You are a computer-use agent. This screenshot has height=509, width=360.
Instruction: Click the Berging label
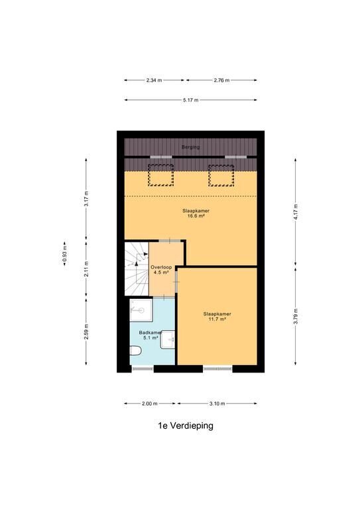click(190, 147)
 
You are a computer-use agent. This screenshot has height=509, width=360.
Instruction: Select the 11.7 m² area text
click(217, 319)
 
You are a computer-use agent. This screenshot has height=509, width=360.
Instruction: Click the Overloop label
click(161, 267)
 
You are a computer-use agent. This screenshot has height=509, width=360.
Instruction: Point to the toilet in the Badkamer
click(136, 351)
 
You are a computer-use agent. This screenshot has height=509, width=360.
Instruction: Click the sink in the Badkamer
click(168, 339)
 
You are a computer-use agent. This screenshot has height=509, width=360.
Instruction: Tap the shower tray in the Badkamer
click(141, 310)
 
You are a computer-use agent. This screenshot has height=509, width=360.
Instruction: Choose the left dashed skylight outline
click(160, 175)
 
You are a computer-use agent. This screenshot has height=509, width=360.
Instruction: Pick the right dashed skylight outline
click(221, 175)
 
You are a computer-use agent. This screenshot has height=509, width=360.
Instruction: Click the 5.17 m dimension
click(190, 100)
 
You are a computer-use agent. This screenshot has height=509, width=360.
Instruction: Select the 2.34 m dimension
click(154, 80)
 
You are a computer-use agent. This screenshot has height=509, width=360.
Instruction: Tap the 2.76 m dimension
click(221, 80)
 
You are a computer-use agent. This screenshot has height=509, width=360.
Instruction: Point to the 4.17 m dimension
click(296, 212)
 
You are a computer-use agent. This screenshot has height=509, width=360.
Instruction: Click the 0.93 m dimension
click(64, 254)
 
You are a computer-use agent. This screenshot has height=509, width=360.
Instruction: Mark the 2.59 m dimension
click(86, 332)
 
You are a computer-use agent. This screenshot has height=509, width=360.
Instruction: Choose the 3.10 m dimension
click(217, 404)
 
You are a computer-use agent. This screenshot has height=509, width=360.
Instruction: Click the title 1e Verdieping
click(186, 425)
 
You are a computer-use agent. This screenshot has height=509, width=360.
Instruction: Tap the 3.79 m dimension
click(296, 317)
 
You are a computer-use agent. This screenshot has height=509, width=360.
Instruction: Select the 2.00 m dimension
click(150, 404)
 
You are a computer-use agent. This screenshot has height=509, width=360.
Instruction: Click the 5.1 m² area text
click(150, 337)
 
